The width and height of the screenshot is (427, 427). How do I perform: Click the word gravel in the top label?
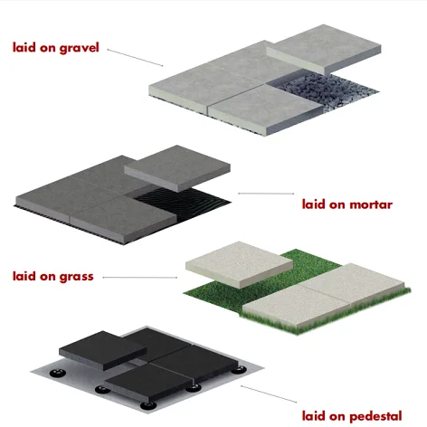(78, 46)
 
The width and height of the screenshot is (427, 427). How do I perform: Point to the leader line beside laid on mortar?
(266, 194)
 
